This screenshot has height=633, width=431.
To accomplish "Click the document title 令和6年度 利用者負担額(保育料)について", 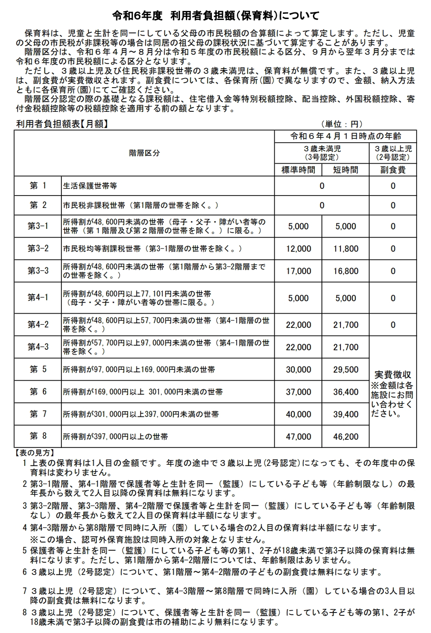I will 215,15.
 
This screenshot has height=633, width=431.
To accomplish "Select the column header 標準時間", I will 298,169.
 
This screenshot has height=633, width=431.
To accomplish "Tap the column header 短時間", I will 345,169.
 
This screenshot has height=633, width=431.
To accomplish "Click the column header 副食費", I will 392,169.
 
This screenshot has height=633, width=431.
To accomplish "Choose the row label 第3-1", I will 38,227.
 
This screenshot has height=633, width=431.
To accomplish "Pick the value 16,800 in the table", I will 345,271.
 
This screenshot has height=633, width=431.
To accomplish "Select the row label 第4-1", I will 38,298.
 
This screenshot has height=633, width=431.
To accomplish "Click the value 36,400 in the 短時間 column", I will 345,392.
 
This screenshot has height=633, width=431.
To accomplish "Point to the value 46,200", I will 345,436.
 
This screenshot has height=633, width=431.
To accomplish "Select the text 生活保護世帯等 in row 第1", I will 90,186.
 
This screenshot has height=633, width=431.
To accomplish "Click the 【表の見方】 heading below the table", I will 35,452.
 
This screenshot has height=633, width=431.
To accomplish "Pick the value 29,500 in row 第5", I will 345,370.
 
